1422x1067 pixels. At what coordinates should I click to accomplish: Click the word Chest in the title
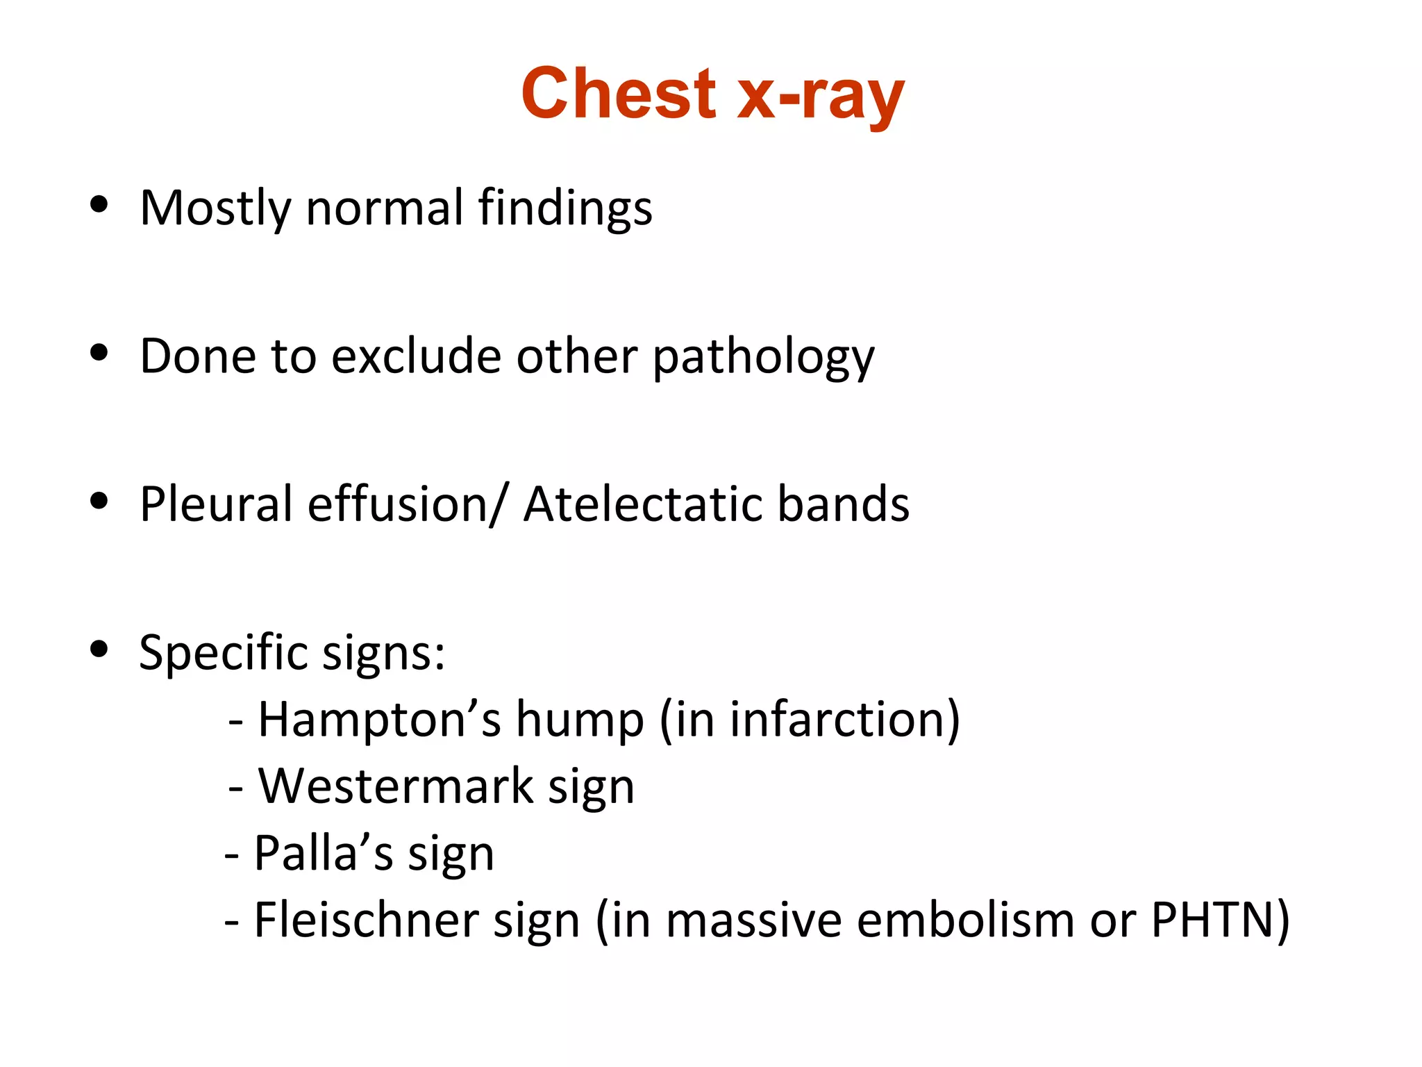click(x=618, y=94)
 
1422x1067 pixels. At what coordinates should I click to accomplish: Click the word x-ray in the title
click(x=820, y=96)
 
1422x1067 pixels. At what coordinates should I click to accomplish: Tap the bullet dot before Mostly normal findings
click(x=99, y=204)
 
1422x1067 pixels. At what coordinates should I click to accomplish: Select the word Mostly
click(x=215, y=208)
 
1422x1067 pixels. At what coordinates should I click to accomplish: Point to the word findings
click(x=565, y=208)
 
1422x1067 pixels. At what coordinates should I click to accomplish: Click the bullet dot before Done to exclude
click(x=99, y=352)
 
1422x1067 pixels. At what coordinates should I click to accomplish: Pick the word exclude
click(x=416, y=356)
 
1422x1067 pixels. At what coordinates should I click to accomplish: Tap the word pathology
click(x=763, y=357)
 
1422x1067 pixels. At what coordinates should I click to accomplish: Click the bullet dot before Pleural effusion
click(x=99, y=500)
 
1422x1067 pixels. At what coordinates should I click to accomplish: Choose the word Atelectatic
click(x=642, y=504)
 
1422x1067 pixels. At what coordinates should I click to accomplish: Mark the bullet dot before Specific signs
click(x=99, y=648)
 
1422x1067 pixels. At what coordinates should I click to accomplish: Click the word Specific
click(x=223, y=653)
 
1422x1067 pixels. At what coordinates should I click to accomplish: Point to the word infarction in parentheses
click(x=837, y=719)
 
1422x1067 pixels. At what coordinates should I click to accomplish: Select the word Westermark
click(x=396, y=786)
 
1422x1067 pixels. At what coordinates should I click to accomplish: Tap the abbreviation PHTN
click(x=1212, y=920)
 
